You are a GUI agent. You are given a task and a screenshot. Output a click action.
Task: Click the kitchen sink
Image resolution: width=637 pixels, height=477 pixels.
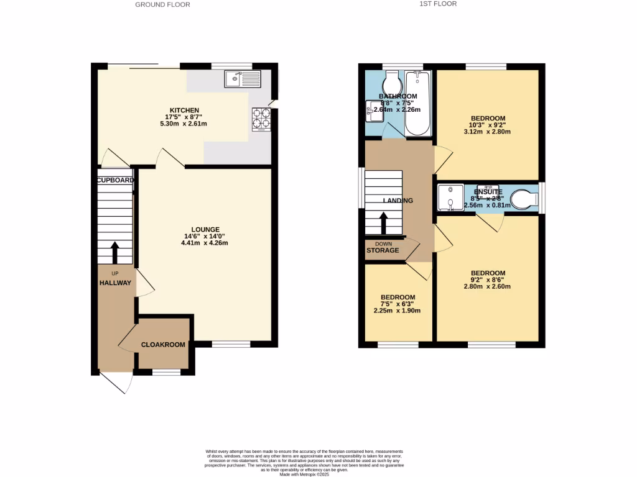pos(244,79)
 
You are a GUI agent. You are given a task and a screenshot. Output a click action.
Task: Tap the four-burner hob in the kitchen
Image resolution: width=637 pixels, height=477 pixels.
pos(261,119)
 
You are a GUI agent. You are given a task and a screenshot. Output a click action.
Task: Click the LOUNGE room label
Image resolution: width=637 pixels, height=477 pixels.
pos(205,229)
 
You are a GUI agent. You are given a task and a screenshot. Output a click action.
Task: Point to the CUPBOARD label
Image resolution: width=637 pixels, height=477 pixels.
pos(115,180)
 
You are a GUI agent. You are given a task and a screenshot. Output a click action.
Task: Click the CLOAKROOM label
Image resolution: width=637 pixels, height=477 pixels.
pos(163,345)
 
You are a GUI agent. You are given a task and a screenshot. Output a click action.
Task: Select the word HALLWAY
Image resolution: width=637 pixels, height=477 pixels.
pos(115,283)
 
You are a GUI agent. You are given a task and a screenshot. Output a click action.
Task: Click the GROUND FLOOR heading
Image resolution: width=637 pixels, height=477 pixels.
pos(162,4)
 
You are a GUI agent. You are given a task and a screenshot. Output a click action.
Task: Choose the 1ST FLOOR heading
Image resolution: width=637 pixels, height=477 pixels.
pos(439,4)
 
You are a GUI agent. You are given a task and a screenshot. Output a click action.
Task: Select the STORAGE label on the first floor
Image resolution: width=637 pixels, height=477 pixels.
pos(383,250)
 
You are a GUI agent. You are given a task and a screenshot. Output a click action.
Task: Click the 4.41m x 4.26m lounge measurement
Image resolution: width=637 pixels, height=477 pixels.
pos(205,243)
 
